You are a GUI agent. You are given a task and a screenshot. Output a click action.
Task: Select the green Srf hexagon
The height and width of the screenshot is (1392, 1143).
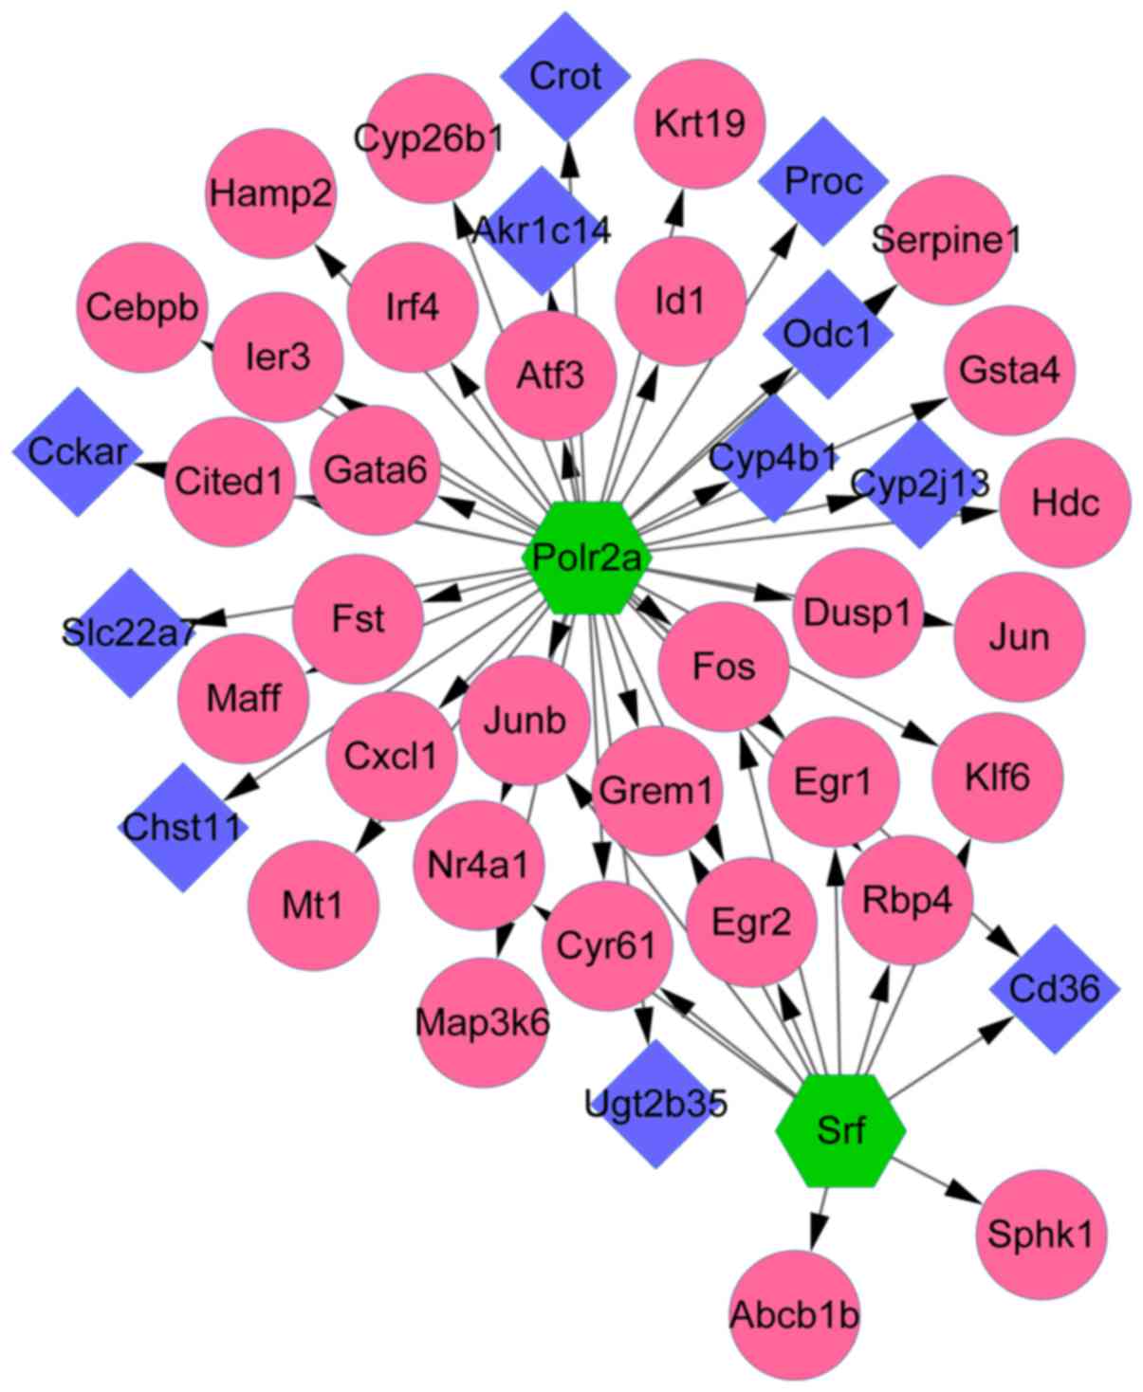[840, 1130]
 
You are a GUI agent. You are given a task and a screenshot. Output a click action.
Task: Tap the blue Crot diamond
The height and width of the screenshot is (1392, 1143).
[565, 76]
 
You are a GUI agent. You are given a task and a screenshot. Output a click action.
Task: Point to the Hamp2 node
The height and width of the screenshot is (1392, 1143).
[271, 194]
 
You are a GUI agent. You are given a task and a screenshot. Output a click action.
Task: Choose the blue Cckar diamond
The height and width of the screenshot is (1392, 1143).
[77, 451]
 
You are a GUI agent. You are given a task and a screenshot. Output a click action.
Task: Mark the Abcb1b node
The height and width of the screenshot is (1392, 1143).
[795, 1315]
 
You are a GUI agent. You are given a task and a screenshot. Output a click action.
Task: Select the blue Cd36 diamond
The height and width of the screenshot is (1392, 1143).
[1054, 989]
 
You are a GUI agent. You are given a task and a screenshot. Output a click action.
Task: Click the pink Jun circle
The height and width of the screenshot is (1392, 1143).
[1020, 636]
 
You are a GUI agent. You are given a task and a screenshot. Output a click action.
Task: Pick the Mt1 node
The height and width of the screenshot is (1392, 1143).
[313, 905]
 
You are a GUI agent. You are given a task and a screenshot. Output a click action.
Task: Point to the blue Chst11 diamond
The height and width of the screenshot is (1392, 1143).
[183, 828]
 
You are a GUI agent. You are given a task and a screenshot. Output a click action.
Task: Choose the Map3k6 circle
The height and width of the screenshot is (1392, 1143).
[482, 1022]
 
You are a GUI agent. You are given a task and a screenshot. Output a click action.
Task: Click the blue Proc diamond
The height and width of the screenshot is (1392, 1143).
[823, 180]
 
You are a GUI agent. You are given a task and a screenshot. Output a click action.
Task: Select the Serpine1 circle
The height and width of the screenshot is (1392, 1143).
[946, 240]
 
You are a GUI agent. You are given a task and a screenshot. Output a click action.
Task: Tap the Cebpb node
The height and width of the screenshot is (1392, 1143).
[142, 308]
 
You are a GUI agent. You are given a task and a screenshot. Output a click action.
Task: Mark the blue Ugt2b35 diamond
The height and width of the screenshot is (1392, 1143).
[656, 1104]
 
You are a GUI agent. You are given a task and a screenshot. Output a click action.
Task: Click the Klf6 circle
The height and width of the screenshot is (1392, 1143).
[997, 778]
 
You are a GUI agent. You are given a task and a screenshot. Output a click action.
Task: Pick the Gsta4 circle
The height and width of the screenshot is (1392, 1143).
[1009, 370]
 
